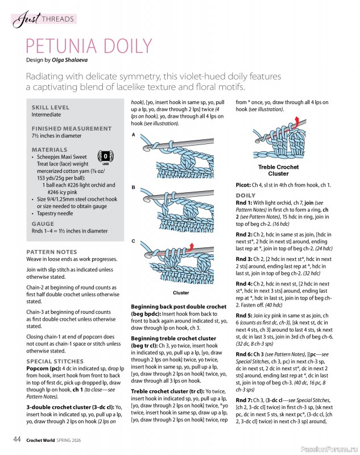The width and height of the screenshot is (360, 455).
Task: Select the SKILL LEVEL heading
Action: [50, 107]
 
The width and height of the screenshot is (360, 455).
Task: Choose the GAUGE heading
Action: [43, 224]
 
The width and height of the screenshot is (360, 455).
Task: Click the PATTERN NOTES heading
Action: [52, 251]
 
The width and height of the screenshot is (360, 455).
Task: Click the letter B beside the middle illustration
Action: [134, 187]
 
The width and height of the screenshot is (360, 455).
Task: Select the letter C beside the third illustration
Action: [134, 241]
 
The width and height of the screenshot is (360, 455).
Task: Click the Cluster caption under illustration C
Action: [181, 293]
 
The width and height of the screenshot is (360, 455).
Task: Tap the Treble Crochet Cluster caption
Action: [278, 170]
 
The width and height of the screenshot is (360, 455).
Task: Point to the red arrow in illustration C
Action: [191, 246]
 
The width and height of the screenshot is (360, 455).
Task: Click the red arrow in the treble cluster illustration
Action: [296, 119]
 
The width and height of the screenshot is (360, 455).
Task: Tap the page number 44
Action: [18, 439]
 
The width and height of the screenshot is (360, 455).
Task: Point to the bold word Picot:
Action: [245, 185]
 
